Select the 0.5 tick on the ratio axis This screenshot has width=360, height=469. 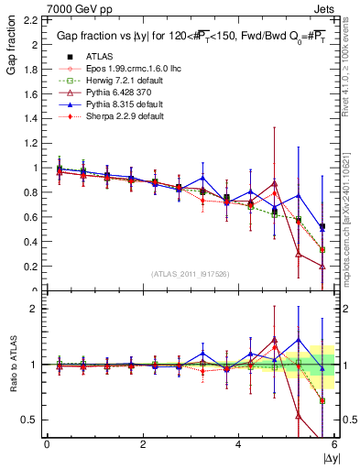pos(33,420)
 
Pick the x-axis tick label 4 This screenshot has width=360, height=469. pos(238,444)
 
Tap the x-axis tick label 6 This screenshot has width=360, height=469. pos(333,444)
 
